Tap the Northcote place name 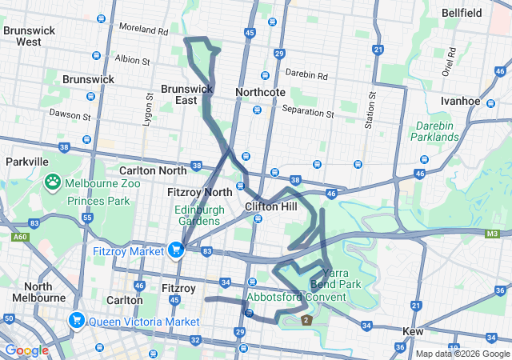(260, 92)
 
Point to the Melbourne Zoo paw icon (54, 182)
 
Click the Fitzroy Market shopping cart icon (175, 250)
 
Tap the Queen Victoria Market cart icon (77, 321)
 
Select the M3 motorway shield (492, 234)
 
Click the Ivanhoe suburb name (460, 101)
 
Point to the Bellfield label (461, 14)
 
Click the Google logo (26, 350)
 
